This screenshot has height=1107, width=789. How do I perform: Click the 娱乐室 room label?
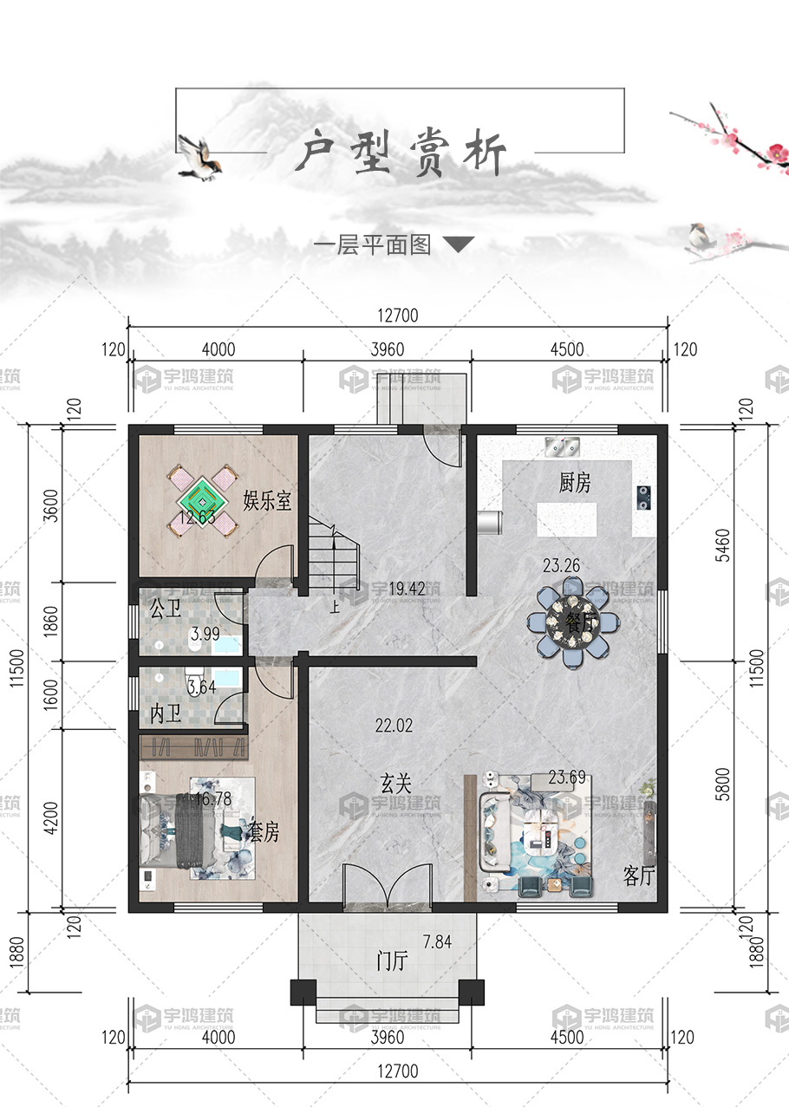point(267,501)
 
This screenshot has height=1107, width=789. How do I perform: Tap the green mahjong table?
point(203,502)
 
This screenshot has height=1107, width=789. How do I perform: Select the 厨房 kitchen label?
point(575,483)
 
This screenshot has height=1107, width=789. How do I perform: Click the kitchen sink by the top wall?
point(562,446)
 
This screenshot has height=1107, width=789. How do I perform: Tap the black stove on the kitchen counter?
point(643,498)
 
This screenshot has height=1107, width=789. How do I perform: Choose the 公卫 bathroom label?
point(166,609)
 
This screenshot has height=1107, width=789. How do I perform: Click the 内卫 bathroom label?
point(166,713)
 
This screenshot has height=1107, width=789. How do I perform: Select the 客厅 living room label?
point(639,876)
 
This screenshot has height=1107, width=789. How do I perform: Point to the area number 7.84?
point(438,942)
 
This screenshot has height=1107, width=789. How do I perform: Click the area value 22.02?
point(394,726)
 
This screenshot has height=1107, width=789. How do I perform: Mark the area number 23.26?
point(561,565)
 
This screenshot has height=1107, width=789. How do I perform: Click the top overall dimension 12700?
point(398,316)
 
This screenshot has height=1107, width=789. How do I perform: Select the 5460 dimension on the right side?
point(723,545)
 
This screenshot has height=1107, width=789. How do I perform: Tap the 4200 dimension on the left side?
point(51,817)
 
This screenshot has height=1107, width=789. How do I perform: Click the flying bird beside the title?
point(199,157)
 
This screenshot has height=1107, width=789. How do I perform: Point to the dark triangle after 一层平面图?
point(459,244)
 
